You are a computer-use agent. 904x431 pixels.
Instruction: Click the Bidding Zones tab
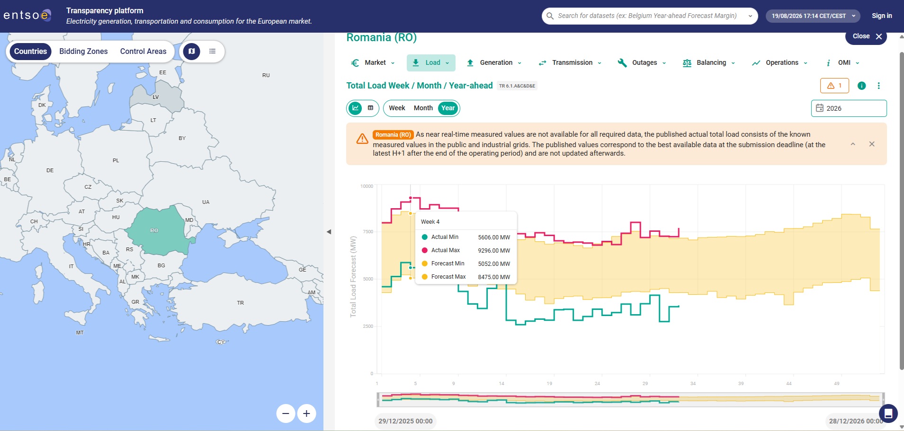[x=83, y=51]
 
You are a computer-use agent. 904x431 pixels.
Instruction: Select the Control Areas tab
[x=143, y=51]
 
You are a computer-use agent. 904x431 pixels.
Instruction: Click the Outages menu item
[x=642, y=62]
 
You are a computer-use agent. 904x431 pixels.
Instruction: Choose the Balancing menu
[x=709, y=62]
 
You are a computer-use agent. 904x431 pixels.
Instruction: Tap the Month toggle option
[x=423, y=108]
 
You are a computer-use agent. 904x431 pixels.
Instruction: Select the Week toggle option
[x=397, y=108]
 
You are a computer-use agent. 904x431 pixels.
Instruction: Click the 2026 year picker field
[x=849, y=108]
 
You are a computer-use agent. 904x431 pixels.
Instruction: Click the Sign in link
[x=882, y=16]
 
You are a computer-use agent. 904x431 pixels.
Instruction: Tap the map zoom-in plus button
[x=306, y=413]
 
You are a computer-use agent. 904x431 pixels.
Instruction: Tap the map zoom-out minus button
[x=286, y=413]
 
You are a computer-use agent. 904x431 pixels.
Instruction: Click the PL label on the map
[x=116, y=160]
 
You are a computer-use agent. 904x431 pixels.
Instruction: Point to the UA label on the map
[x=206, y=202]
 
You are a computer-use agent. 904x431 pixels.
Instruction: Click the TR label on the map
[x=241, y=303]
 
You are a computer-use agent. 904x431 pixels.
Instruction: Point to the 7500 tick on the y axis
[x=368, y=232]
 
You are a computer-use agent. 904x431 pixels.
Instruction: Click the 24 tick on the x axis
[x=597, y=384]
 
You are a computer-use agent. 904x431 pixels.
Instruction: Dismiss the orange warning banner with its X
[x=872, y=144]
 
